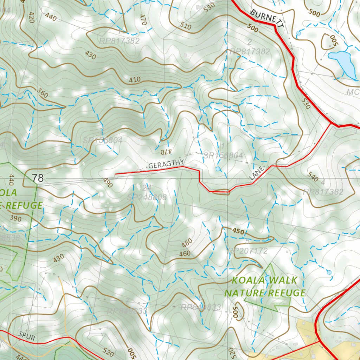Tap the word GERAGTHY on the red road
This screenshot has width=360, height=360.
coord(166,164)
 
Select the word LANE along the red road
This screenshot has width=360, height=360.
coord(256,174)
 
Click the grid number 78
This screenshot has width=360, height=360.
coord(38,178)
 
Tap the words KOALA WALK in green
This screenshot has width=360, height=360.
coord(265,281)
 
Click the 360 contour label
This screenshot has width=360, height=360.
coord(42,94)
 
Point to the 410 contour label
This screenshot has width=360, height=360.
coord(135,80)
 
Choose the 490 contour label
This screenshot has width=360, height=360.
coord(107,183)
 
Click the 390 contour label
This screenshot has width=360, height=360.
coord(15,219)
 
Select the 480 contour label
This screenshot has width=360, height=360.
coord(187,243)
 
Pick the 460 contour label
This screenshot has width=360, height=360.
coord(185,253)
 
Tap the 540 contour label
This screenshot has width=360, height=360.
coord(313,177)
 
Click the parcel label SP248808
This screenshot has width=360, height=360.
coord(147,197)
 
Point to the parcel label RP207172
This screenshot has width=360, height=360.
coord(248,251)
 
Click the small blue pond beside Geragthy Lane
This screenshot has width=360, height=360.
coord(218,169)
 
